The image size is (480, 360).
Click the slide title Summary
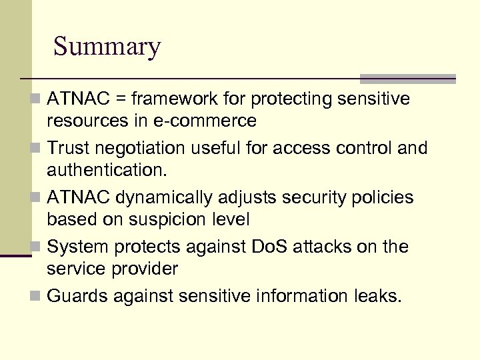point(107,47)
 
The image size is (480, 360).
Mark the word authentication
point(105,169)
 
